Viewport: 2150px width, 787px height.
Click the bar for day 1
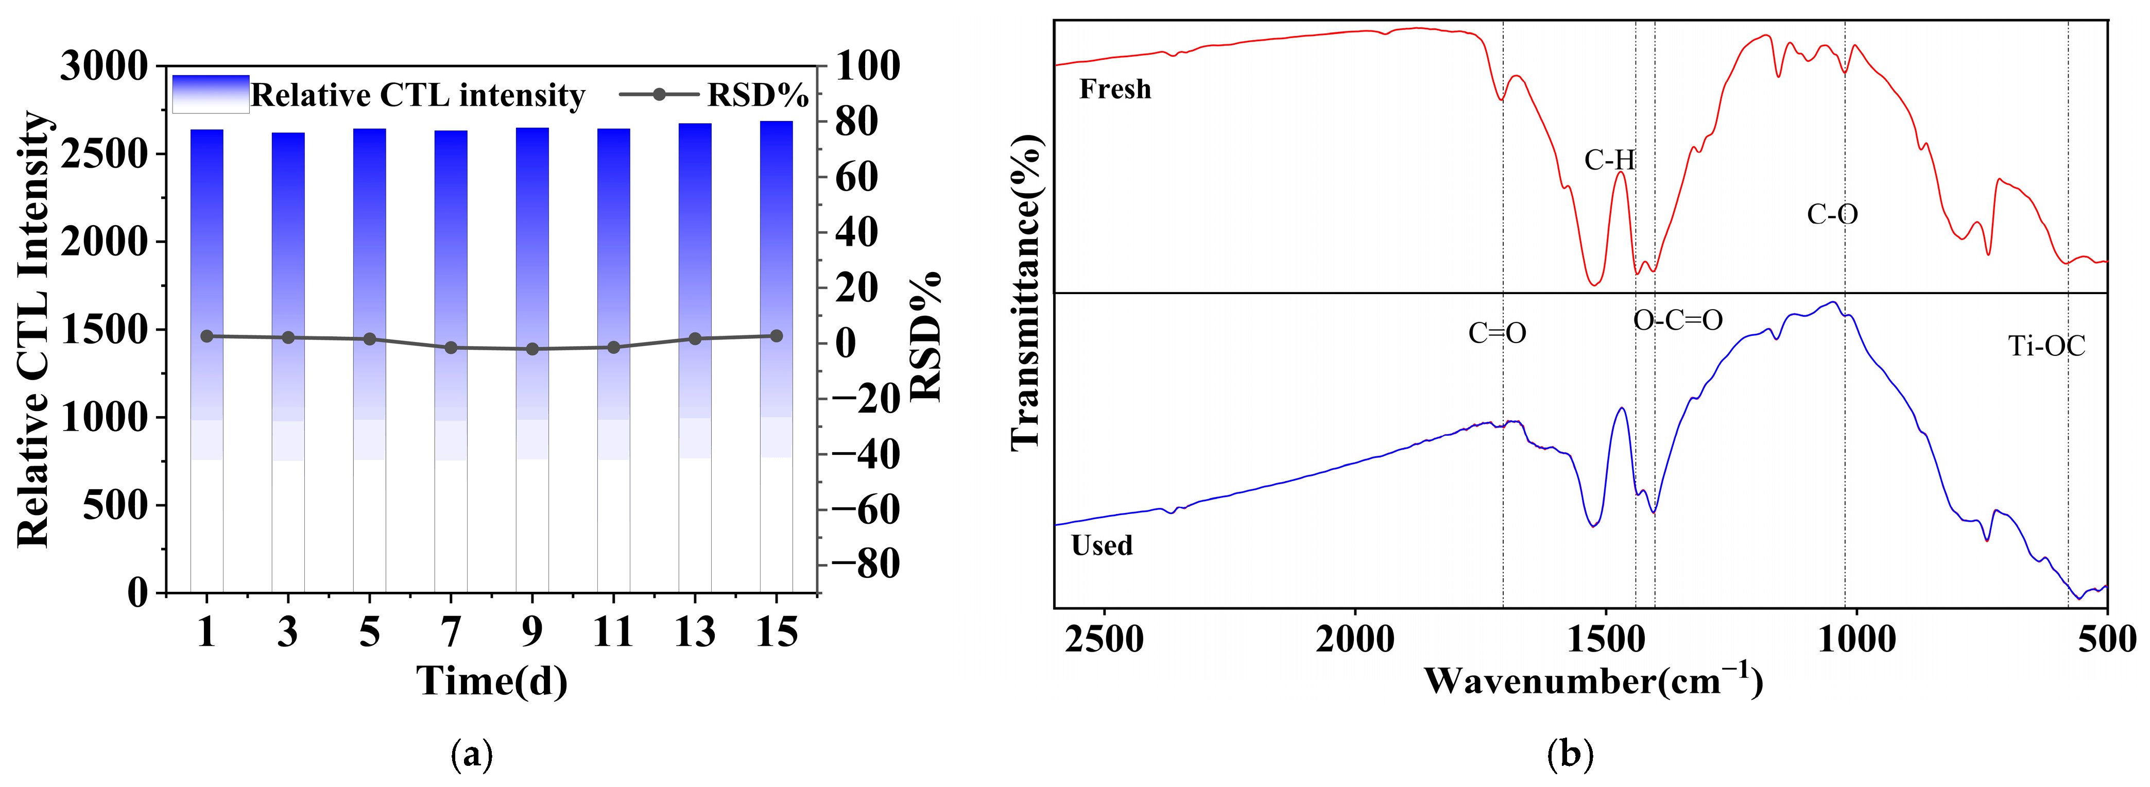[x=207, y=359]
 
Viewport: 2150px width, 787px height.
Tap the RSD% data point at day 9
[x=532, y=349]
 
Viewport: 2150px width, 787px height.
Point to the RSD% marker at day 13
[x=695, y=339]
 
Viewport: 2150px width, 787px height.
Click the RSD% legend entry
[x=756, y=95]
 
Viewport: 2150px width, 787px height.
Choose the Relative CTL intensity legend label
[x=417, y=95]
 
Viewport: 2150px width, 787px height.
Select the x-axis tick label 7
[x=451, y=632]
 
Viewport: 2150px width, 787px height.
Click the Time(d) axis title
[x=492, y=681]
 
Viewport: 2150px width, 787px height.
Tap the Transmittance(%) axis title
[x=1026, y=292]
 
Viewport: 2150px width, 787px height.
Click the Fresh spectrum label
[x=1115, y=89]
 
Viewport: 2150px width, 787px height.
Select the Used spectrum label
[x=1102, y=545]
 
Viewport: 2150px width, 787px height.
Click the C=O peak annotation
[x=1498, y=333]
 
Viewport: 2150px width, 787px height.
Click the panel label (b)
[x=1570, y=755]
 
